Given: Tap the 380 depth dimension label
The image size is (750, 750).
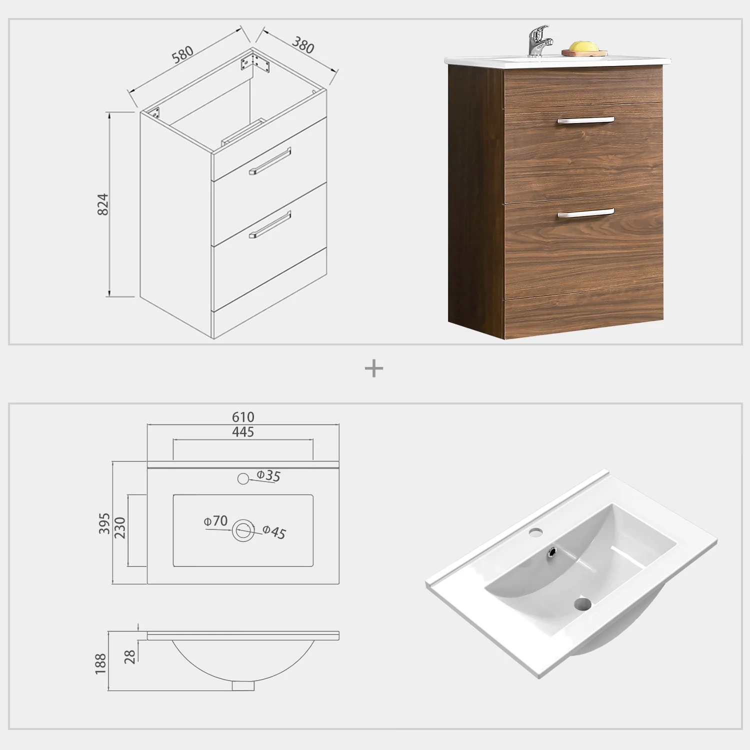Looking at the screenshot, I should tap(303, 45).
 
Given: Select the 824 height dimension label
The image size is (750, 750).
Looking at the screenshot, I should tap(102, 204).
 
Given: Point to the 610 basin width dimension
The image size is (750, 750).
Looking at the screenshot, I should tap(243, 417).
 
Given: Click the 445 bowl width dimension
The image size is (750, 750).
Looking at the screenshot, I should tap(243, 432).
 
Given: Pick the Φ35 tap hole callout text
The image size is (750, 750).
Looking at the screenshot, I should tap(268, 475).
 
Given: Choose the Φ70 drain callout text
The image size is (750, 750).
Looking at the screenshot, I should tap(215, 521).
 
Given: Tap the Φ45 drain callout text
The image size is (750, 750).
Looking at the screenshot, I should tap(274, 532).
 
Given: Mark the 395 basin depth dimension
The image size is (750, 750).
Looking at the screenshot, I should tap(104, 523).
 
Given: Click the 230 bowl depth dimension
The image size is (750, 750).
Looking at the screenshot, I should tap(120, 528).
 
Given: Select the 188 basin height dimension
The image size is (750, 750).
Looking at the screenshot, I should tap(100, 663).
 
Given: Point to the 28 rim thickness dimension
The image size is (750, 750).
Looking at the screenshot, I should tap(130, 656).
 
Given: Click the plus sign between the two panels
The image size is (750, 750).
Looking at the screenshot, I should tap(374, 369).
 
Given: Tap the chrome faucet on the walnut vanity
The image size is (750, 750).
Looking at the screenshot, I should tap(538, 40).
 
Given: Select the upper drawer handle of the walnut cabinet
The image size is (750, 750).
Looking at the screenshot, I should tap(586, 120).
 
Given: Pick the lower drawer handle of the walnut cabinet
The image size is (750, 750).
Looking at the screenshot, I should tap(586, 213).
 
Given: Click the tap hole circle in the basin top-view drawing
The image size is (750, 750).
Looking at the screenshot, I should tap(243, 478).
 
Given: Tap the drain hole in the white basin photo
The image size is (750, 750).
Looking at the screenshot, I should tap(583, 604).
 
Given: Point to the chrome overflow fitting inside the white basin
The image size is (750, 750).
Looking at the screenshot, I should tap(552, 552).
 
